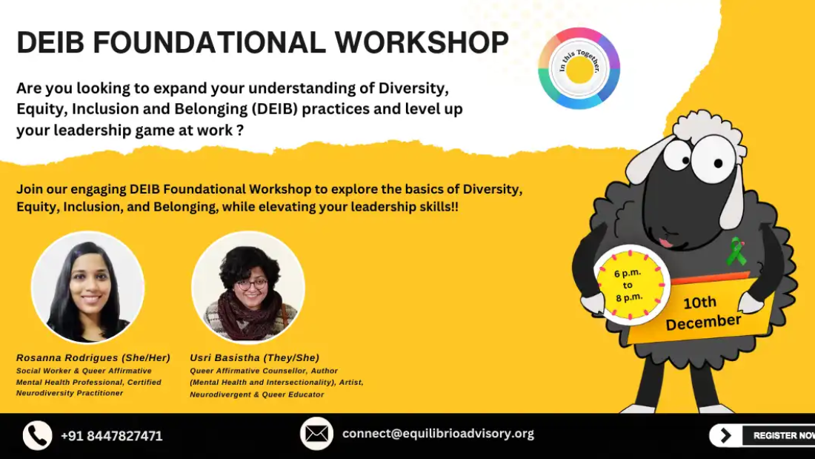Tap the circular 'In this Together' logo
coord(579,68)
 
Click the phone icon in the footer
coord(38,435)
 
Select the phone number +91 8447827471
coord(111,436)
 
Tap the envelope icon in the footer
coord(316,434)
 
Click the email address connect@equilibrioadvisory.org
coord(438,434)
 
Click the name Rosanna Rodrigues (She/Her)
coord(93,358)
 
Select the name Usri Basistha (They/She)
coord(255,358)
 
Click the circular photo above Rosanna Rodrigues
coord(88,287)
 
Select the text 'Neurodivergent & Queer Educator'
coord(257,394)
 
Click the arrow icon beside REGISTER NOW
coord(725,435)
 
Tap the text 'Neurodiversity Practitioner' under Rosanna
coord(70,393)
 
